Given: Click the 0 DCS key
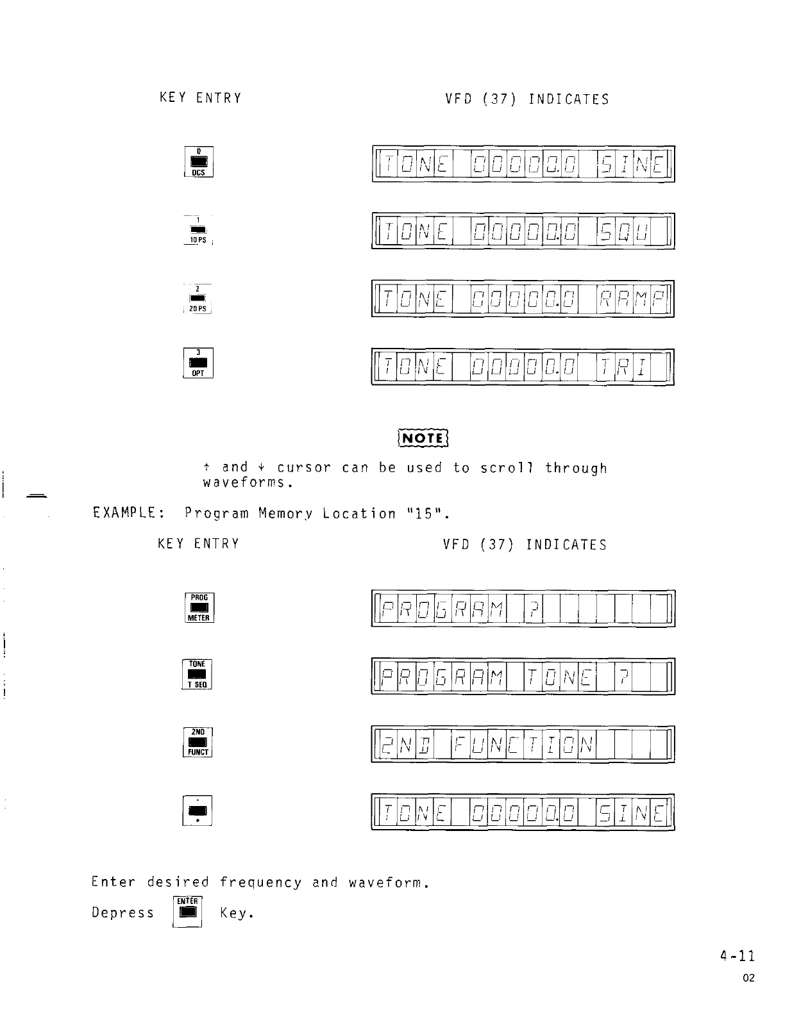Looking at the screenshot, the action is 198,162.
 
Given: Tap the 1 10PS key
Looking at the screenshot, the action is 198,230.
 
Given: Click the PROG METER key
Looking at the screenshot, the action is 199,607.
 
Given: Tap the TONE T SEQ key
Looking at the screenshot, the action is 198,674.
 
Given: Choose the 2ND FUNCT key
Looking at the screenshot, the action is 198,742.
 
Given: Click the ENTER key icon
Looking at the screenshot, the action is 188,912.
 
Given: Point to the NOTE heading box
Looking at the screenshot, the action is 423,438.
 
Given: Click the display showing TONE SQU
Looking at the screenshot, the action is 523,231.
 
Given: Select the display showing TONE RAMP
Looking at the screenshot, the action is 523,299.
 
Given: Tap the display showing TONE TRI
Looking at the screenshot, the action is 523,366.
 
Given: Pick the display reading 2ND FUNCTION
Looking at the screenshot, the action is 523,744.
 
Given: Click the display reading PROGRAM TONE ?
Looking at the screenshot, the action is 523,676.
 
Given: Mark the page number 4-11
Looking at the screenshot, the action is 737,957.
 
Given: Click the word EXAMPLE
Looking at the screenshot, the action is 124,513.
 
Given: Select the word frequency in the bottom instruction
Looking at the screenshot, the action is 260,883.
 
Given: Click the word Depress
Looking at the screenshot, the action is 123,913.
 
